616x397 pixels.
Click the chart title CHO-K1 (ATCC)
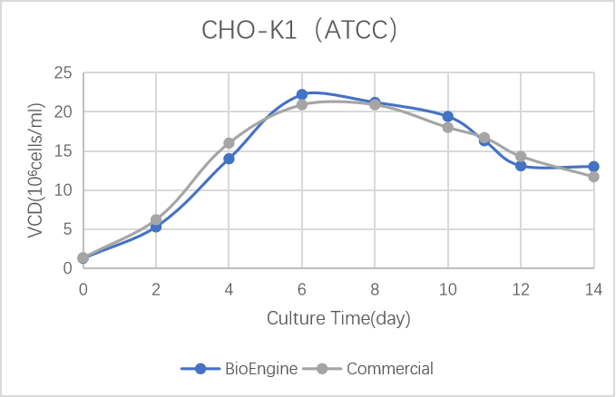pyautogui.click(x=299, y=31)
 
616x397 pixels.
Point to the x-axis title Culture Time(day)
pyautogui.click(x=338, y=318)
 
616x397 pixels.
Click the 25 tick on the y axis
pyautogui.click(x=63, y=73)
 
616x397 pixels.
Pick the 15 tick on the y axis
pyautogui.click(x=63, y=151)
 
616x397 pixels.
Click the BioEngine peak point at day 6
pyautogui.click(x=302, y=94)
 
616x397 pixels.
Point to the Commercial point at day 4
pyautogui.click(x=229, y=143)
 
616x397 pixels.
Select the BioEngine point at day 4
pyautogui.click(x=229, y=159)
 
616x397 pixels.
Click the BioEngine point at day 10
pyautogui.click(x=447, y=116)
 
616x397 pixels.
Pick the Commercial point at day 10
pyautogui.click(x=447, y=127)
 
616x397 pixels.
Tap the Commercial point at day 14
pyautogui.click(x=593, y=177)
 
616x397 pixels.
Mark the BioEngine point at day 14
pyautogui.click(x=593, y=167)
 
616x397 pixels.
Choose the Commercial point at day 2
pyautogui.click(x=156, y=219)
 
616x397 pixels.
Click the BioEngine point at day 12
pyautogui.click(x=521, y=166)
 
